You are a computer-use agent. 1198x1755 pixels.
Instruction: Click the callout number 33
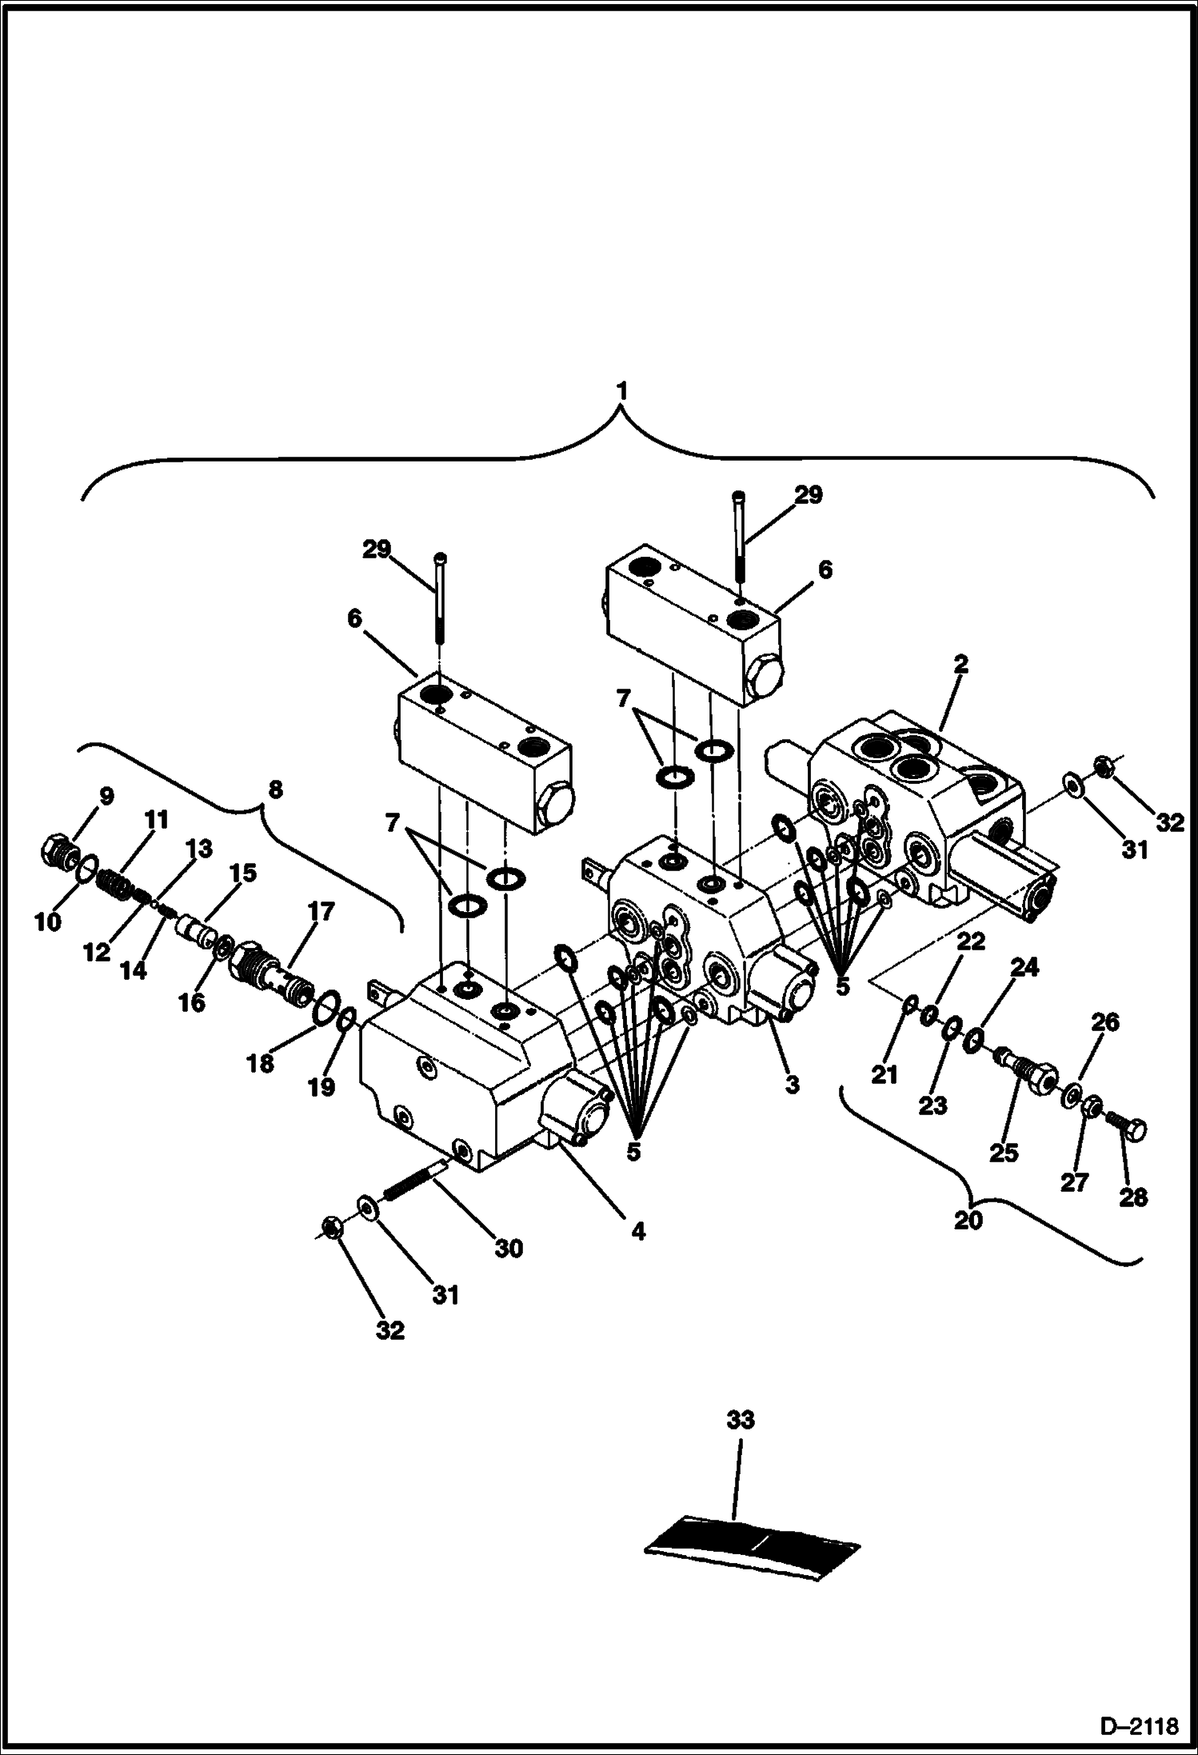[740, 1421]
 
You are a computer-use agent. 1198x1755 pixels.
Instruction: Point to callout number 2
[960, 664]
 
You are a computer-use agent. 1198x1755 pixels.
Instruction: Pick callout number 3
[792, 1085]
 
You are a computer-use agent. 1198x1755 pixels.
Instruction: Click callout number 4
[637, 1232]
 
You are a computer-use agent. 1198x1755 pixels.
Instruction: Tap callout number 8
[274, 790]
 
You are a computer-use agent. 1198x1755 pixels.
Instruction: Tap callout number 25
[1004, 1152]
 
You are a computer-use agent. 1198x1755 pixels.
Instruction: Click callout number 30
[509, 1248]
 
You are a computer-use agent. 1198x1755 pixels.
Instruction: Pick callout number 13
[199, 849]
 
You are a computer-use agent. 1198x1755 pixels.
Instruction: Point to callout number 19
[322, 1087]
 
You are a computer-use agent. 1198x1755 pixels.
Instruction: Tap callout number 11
[156, 819]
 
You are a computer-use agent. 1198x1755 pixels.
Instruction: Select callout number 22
[971, 942]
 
